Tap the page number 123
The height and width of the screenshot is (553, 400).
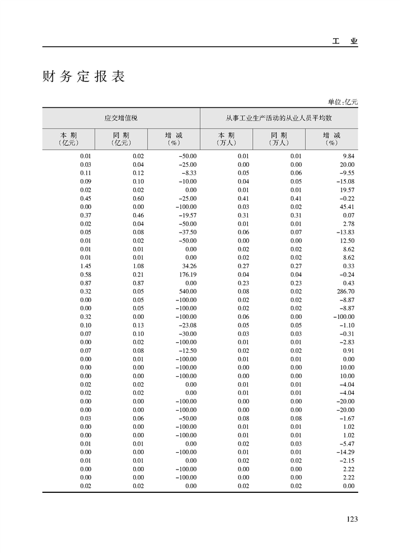(352, 519)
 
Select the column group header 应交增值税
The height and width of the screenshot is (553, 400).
(121, 118)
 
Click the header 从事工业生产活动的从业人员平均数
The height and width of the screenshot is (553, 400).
(279, 118)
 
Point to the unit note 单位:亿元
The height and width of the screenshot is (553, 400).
(343, 102)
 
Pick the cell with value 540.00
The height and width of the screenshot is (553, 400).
(187, 291)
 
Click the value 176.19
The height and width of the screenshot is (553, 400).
(187, 274)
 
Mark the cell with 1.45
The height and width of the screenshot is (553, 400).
(85, 266)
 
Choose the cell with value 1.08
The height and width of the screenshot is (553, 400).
(138, 266)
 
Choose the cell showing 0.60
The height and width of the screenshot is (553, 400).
(138, 199)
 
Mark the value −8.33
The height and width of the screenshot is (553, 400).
(188, 173)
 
